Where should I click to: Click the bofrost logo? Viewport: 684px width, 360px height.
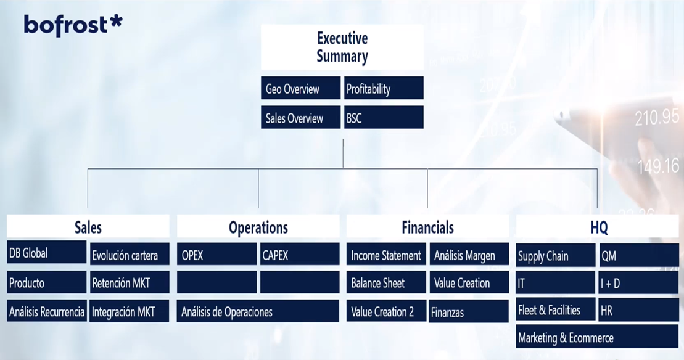(x=73, y=25)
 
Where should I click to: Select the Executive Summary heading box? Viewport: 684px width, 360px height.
(x=342, y=47)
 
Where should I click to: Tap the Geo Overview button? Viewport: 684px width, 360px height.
(x=300, y=88)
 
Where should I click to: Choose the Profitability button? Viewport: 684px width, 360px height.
(x=384, y=88)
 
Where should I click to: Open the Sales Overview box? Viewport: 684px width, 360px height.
(x=300, y=117)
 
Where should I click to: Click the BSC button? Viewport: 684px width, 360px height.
(x=384, y=117)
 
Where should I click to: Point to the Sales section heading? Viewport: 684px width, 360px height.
(x=88, y=226)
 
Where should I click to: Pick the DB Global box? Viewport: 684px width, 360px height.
(x=46, y=252)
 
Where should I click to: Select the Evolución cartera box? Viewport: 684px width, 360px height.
(x=130, y=254)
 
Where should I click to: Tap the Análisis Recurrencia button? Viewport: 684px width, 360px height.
(x=47, y=311)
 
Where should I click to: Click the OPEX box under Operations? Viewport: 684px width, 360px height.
(x=216, y=254)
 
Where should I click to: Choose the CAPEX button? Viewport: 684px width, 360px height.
(x=300, y=254)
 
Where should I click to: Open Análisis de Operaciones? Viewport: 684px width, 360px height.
(x=258, y=311)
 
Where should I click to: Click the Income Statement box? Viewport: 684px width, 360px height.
(x=386, y=254)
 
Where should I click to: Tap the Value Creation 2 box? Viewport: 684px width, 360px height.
(x=386, y=311)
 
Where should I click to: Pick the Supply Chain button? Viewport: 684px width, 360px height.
(x=555, y=255)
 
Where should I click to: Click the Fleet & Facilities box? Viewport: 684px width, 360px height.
(x=555, y=309)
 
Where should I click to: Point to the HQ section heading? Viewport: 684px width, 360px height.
(x=598, y=226)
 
